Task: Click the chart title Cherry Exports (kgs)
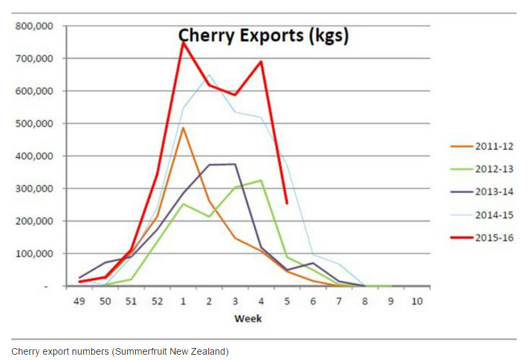pos(263,35)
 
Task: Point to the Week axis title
pos(248,318)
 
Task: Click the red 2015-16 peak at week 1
pos(183,42)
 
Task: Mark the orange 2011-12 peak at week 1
pos(183,128)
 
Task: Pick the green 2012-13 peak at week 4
pos(261,180)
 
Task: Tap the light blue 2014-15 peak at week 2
pos(209,75)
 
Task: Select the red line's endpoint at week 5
pos(287,204)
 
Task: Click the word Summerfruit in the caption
pos(119,351)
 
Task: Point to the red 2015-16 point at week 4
pos(261,62)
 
